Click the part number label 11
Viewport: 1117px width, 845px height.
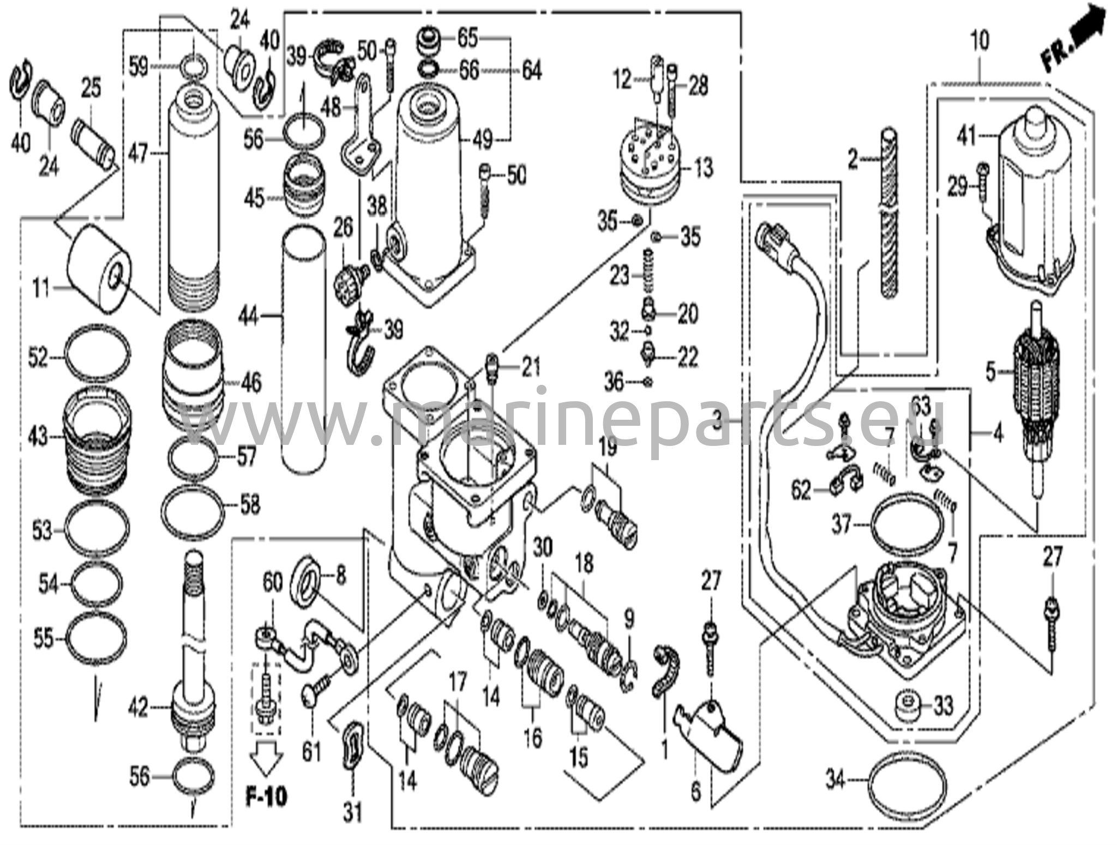tap(40, 287)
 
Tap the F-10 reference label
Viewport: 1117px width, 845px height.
tap(266, 798)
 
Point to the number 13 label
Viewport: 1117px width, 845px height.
tap(703, 168)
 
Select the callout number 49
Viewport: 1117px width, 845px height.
tap(483, 141)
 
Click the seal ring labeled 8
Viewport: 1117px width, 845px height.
tap(306, 579)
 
